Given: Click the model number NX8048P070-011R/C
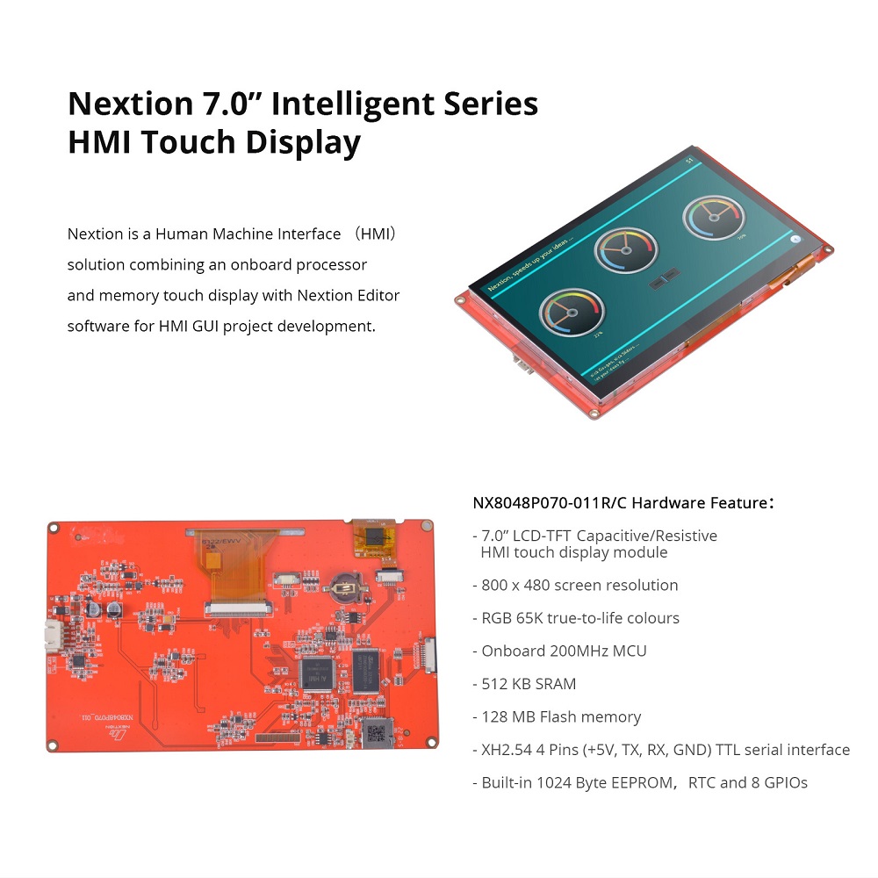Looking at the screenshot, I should pos(550,503).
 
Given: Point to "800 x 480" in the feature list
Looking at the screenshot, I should pos(518,586).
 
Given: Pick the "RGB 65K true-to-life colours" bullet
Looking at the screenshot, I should pos(580,618).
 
